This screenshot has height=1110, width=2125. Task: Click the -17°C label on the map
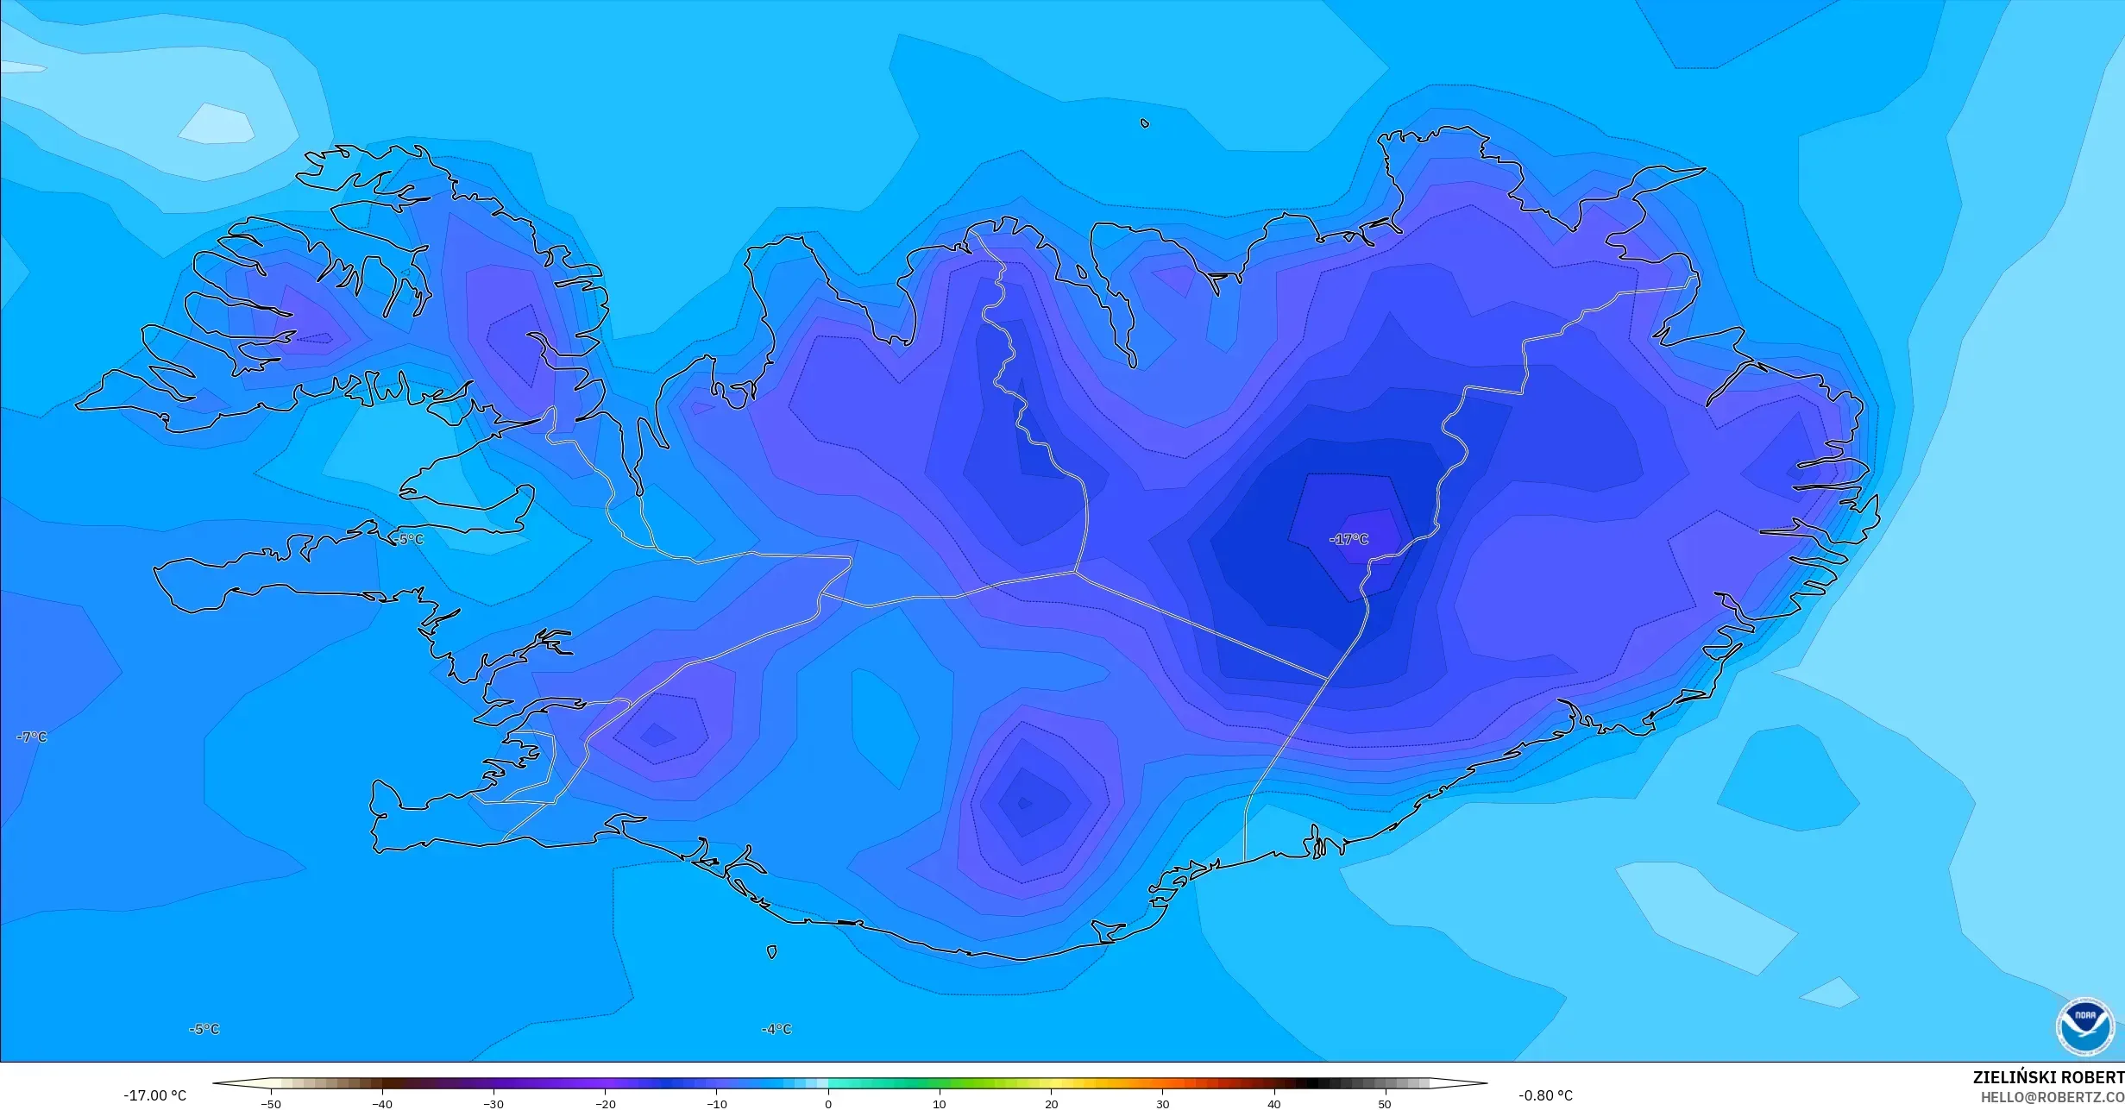click(x=1350, y=539)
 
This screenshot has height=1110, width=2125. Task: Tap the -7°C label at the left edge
click(x=32, y=737)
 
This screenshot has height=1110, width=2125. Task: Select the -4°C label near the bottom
click(x=776, y=1029)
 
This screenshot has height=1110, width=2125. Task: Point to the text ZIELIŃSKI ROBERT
click(x=2048, y=1077)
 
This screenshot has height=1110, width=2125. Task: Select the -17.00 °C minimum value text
click(x=154, y=1095)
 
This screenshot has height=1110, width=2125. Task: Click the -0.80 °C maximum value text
click(x=1545, y=1095)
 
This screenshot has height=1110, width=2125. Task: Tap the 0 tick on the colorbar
click(x=828, y=1104)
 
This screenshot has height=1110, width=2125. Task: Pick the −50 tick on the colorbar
click(x=271, y=1104)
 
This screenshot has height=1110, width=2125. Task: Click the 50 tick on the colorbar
click(x=1385, y=1104)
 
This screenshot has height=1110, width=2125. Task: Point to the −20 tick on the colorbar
click(x=605, y=1104)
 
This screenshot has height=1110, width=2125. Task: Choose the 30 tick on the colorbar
click(x=1162, y=1104)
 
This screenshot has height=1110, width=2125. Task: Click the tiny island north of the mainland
click(x=1145, y=123)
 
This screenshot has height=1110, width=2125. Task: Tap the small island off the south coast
click(x=771, y=952)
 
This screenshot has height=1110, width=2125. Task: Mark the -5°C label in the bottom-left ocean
click(x=204, y=1029)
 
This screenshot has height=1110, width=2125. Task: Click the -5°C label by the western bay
click(x=409, y=539)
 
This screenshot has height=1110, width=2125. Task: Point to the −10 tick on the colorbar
click(x=716, y=1104)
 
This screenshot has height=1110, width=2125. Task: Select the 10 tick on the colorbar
click(x=940, y=1104)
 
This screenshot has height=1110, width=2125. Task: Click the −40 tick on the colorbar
click(x=382, y=1104)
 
